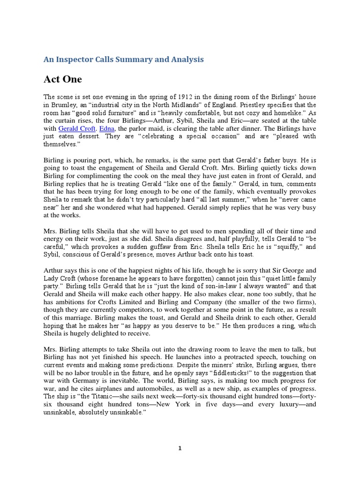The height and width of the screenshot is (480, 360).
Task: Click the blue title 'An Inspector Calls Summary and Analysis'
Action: pyautogui.click(x=124, y=59)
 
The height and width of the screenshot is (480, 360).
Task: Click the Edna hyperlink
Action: pyautogui.click(x=105, y=128)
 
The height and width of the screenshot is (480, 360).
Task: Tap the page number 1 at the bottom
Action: pyautogui.click(x=180, y=448)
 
